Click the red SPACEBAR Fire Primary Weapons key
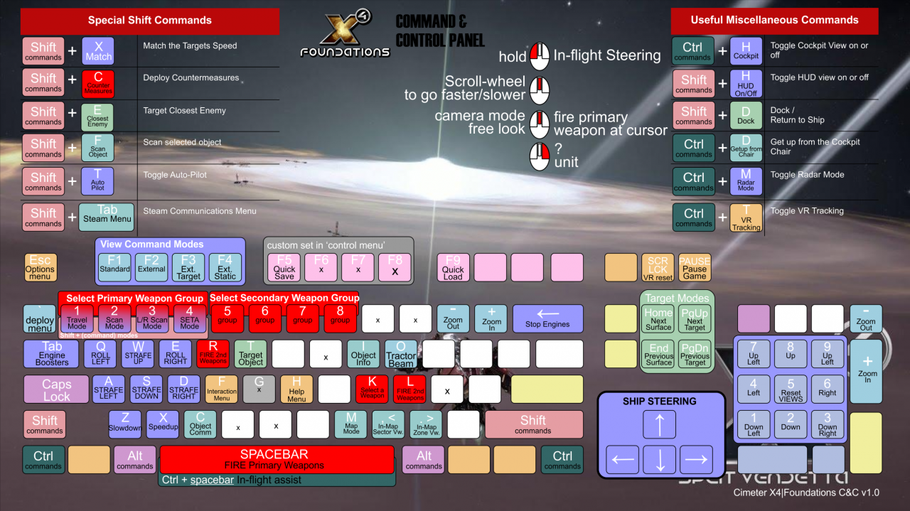277,459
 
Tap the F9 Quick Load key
453,267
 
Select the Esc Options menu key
40,267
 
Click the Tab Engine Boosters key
51,354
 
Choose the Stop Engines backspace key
547,318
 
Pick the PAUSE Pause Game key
695,267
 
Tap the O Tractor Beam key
401,354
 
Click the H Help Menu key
296,389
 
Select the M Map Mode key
351,424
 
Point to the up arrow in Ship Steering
660,424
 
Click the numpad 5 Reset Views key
791,389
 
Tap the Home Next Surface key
658,319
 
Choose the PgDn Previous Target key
695,354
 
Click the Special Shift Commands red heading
150,21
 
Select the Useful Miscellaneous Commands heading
774,21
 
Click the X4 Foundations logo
345,36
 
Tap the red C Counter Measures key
98,84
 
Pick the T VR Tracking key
746,218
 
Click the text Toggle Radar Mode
807,175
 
